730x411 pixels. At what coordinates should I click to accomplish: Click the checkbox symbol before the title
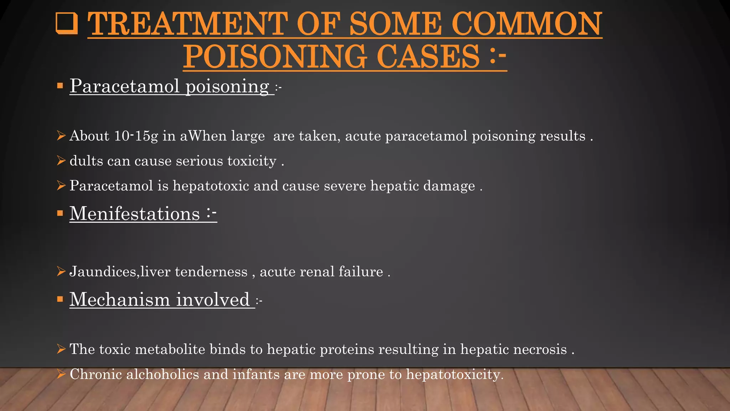67,24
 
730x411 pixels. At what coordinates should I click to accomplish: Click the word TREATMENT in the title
187,24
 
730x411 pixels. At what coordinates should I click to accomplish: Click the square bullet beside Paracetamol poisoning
60,86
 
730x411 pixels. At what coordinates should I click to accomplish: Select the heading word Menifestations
134,214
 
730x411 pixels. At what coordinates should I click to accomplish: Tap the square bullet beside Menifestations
60,214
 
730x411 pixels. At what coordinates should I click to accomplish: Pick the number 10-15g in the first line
136,136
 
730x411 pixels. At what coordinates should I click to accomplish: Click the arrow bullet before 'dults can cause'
61,161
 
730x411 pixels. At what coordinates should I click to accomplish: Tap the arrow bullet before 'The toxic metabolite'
61,349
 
